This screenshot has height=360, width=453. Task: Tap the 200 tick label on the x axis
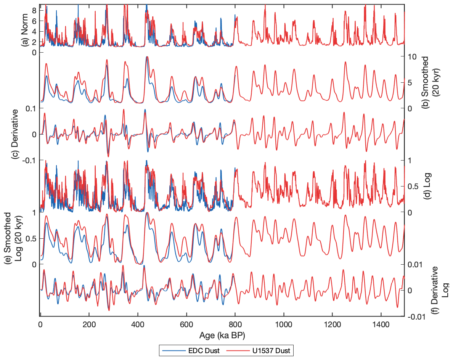pyautogui.click(x=89, y=325)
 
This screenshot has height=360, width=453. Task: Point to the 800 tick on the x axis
pyautogui.click(x=235, y=325)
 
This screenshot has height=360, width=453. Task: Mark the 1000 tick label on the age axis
pyautogui.click(x=283, y=325)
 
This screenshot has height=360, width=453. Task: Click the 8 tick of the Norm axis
pyautogui.click(x=34, y=11)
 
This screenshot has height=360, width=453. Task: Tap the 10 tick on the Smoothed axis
pyautogui.click(x=412, y=56)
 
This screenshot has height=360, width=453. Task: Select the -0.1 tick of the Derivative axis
pyautogui.click(x=30, y=160)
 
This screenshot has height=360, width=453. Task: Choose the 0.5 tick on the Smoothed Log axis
pyautogui.click(x=30, y=238)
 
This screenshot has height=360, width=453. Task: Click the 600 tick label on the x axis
pyautogui.click(x=186, y=325)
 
